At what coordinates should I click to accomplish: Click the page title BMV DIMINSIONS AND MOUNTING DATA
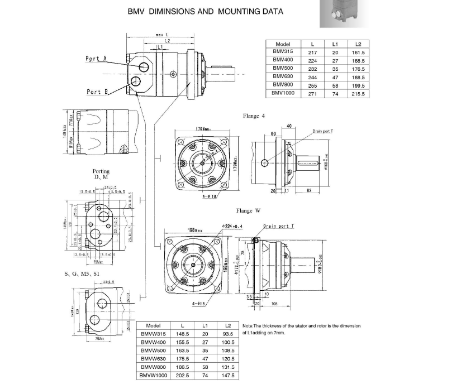coord(205,11)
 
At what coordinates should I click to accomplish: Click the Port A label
coord(96,59)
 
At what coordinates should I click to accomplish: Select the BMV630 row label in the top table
coord(283,77)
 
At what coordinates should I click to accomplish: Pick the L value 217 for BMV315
coord(313,52)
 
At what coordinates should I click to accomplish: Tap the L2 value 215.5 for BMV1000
coord(358,94)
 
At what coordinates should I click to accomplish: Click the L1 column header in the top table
coord(335,44)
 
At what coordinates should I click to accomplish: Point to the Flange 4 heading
coord(254,116)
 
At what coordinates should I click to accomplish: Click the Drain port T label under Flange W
coord(277,226)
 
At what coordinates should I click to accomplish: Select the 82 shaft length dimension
coord(309,191)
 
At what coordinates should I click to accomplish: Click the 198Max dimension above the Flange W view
coord(194,230)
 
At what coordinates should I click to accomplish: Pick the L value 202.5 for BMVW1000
coord(182,376)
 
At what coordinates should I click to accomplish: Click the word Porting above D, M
coord(101,171)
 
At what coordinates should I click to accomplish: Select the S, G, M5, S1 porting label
coord(82,274)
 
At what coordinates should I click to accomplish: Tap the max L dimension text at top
coord(163,35)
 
